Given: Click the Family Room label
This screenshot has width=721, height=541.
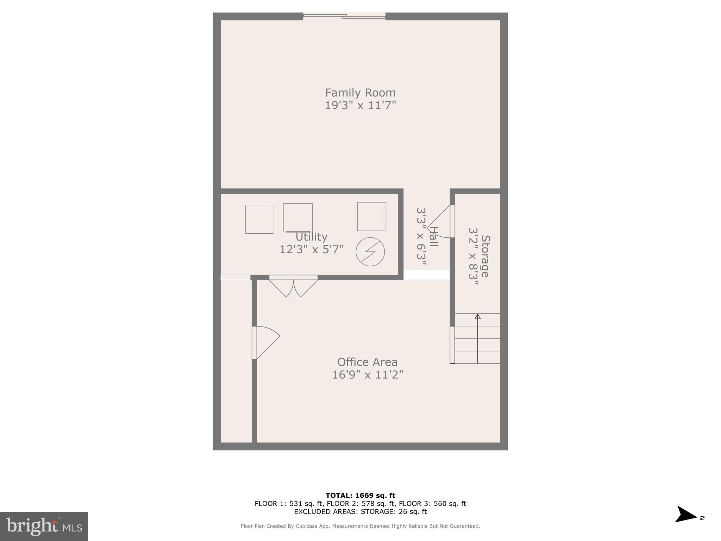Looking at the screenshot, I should [x=360, y=93].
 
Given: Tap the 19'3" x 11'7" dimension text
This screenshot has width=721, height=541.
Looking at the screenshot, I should [x=360, y=105].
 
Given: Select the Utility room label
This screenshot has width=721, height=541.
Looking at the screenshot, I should [x=311, y=236].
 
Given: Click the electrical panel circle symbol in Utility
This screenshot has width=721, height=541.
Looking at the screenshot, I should [x=370, y=251].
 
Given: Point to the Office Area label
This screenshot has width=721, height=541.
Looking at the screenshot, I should [x=367, y=362].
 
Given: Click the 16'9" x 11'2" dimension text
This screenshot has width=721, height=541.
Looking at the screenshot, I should [x=367, y=374].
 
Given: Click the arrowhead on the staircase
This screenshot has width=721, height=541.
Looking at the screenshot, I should [x=477, y=316].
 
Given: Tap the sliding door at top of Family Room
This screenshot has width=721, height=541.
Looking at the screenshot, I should [x=344, y=16].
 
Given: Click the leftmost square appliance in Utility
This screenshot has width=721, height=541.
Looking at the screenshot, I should [x=259, y=219].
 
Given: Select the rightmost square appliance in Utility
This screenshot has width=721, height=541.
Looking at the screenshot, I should [x=371, y=216].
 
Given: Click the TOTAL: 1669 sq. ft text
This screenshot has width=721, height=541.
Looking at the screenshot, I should [x=360, y=496].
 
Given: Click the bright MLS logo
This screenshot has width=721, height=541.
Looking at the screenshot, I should [x=44, y=526].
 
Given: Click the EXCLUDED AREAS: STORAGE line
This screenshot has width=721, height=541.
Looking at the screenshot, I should [x=360, y=511].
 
